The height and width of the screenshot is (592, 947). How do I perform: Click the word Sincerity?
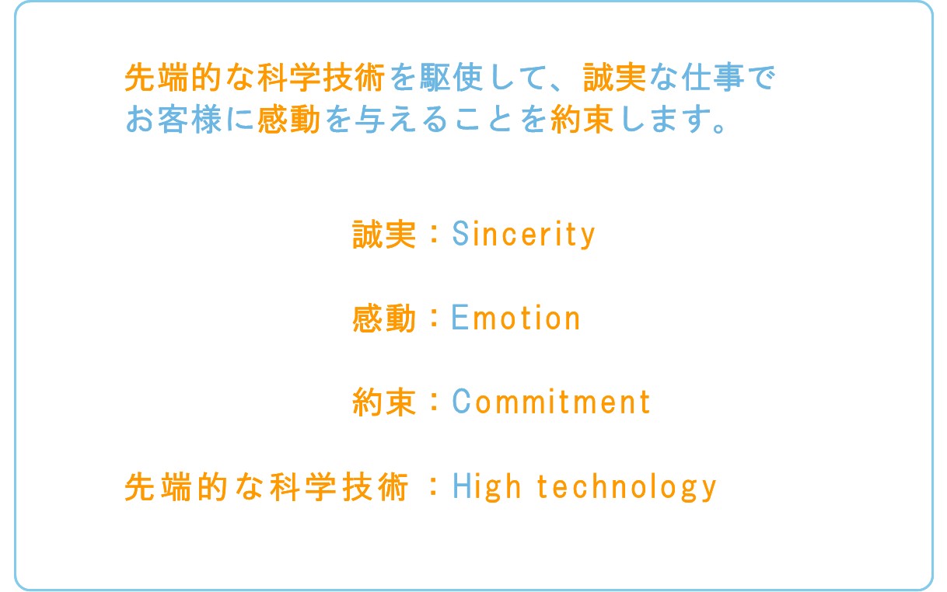point(524,234)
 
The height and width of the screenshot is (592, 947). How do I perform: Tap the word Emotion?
point(515,317)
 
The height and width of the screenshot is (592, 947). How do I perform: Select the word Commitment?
point(551,401)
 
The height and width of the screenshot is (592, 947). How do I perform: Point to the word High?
point(486,487)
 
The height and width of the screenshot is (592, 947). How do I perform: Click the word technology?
point(627,487)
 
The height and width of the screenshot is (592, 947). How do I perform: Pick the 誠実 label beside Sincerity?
point(384,234)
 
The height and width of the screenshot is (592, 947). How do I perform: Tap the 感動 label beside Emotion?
point(384,318)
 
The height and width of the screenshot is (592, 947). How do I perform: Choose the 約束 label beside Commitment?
point(384,402)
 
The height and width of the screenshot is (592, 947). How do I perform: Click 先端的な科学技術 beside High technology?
point(267,487)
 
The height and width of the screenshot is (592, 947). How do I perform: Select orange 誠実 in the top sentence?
point(614,78)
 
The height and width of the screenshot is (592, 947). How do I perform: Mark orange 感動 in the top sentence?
point(288,119)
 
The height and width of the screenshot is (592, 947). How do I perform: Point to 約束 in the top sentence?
point(582,119)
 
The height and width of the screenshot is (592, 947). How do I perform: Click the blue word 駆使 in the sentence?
point(452,78)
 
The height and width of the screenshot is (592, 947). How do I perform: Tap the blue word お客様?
point(173,119)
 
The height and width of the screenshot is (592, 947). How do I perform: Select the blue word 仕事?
point(713,78)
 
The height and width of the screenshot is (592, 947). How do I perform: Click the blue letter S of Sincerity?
point(460,233)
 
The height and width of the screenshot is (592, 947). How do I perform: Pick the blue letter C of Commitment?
point(460,401)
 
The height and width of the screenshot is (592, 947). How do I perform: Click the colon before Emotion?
point(434,318)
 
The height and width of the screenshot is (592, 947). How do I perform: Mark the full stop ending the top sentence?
point(718,127)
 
